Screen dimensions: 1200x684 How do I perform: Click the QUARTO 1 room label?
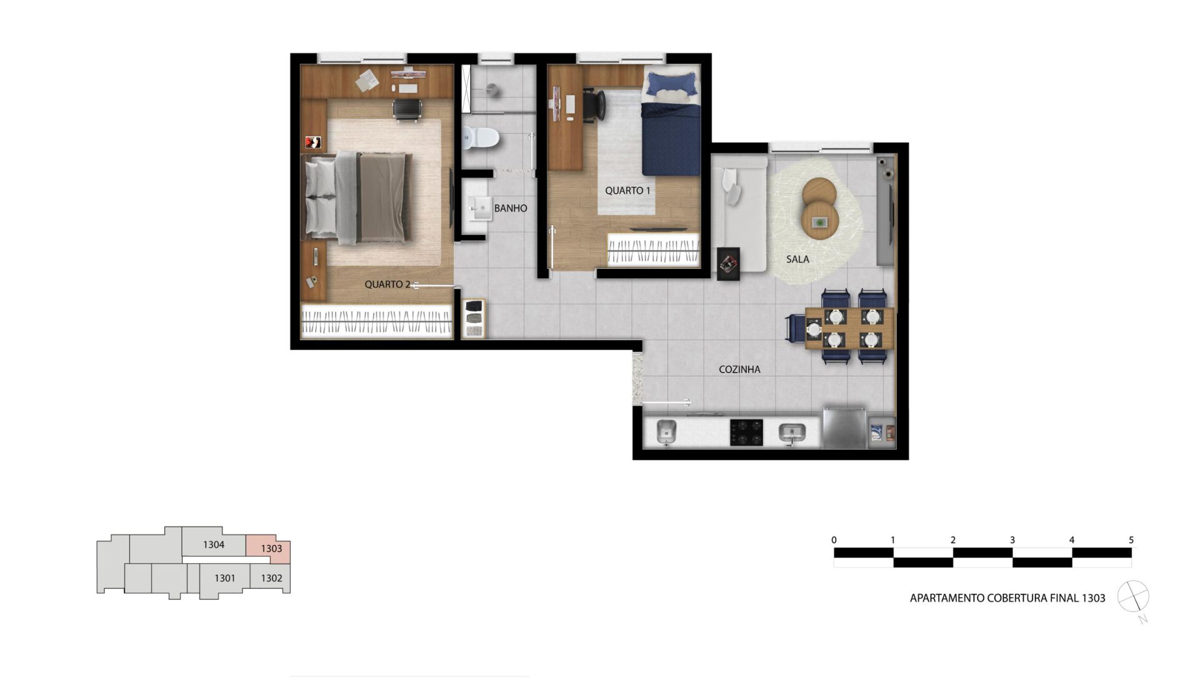627,191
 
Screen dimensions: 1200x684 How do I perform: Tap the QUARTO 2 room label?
387,284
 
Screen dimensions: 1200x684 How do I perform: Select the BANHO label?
511,208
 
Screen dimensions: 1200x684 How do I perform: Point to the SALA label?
797,259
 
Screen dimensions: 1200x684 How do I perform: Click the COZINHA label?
739,370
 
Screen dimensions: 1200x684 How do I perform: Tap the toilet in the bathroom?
480,138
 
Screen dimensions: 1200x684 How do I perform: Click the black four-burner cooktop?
746,432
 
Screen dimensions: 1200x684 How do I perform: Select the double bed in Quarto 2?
357,198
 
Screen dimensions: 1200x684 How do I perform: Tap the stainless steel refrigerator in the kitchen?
844,427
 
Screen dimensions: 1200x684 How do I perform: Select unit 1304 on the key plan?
214,545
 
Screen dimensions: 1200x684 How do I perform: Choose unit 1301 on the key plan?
225,578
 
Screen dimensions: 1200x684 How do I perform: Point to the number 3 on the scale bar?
1012,540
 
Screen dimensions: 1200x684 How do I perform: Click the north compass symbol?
1133,596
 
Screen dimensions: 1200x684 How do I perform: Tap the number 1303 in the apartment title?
1094,598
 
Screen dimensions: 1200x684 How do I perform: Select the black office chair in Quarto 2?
407,109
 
